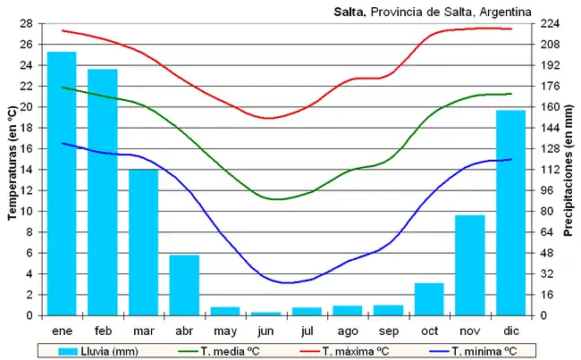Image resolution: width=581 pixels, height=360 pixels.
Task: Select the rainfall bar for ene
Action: (x=62, y=183)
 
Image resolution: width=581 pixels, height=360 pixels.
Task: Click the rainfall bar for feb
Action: (x=103, y=192)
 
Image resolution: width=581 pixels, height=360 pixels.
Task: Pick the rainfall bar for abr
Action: (x=184, y=285)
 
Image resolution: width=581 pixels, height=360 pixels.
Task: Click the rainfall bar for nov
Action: (x=470, y=265)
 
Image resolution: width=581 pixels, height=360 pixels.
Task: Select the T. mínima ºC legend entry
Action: (x=484, y=350)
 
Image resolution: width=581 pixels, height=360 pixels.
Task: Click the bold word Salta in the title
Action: (x=349, y=11)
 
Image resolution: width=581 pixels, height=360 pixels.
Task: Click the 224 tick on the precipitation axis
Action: (x=551, y=23)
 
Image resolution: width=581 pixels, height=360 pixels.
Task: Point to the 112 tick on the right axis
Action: (x=551, y=170)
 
